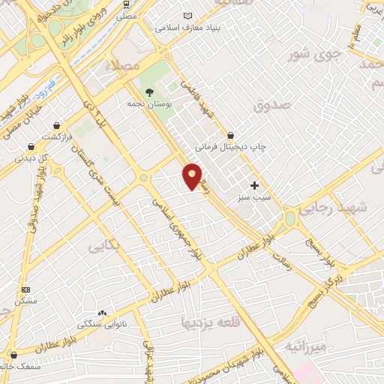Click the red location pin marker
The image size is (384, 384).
[193, 175]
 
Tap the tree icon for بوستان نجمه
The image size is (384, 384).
[149, 92]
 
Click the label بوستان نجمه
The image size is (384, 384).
[149, 103]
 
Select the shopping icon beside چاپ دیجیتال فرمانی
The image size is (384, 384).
[231, 135]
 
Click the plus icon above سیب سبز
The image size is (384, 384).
[254, 184]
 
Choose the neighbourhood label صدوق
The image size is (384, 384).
[271, 106]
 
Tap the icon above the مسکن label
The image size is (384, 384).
[26, 289]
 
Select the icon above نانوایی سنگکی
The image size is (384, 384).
[102, 313]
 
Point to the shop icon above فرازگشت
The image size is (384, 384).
[30, 146]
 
